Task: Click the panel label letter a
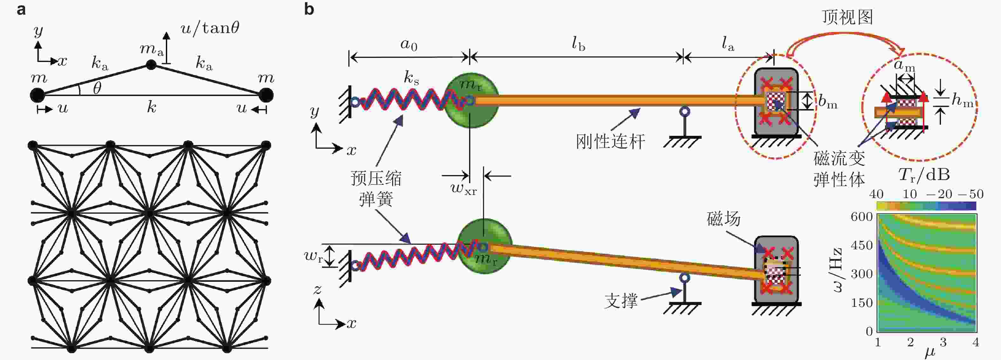click(21, 9)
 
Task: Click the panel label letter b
click(309, 9)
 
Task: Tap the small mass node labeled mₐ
click(151, 65)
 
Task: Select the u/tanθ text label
click(210, 28)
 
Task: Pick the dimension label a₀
click(409, 45)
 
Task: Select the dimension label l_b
click(578, 44)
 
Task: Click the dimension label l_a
click(728, 44)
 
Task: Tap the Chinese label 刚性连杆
click(610, 141)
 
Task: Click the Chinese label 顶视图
click(848, 17)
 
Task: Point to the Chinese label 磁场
click(724, 219)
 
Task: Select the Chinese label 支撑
click(621, 301)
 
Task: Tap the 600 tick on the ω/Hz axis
click(861, 217)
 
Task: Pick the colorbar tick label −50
click(970, 194)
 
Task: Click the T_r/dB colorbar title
click(924, 175)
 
